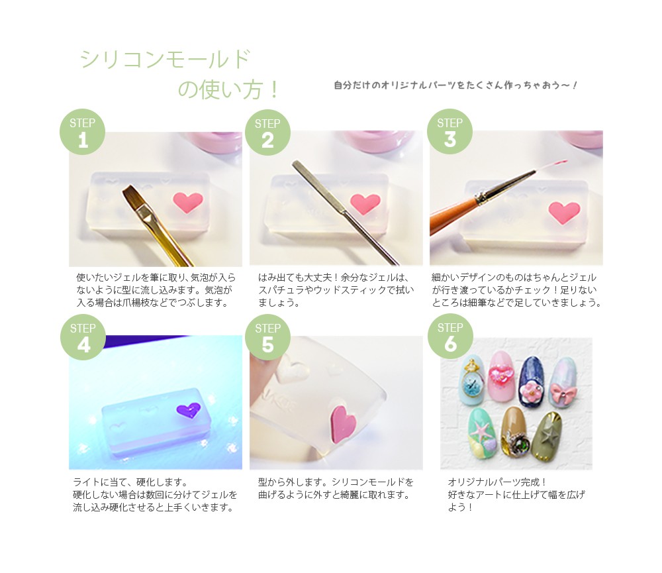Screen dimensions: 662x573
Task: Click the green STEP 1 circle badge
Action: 82,132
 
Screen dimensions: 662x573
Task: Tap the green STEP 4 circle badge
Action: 83,337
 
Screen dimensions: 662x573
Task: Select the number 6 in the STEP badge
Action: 450,344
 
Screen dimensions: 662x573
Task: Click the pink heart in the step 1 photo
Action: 188,202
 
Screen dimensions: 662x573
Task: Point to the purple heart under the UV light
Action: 188,410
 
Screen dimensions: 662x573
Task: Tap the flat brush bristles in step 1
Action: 135,202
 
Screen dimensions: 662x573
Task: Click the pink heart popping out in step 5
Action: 344,424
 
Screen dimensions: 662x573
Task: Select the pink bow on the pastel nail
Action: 563,390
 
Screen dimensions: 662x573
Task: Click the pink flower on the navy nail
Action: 530,391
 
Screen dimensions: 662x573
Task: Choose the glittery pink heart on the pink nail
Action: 501,373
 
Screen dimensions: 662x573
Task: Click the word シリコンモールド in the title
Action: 165,59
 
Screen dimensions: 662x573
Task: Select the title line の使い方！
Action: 228,89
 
